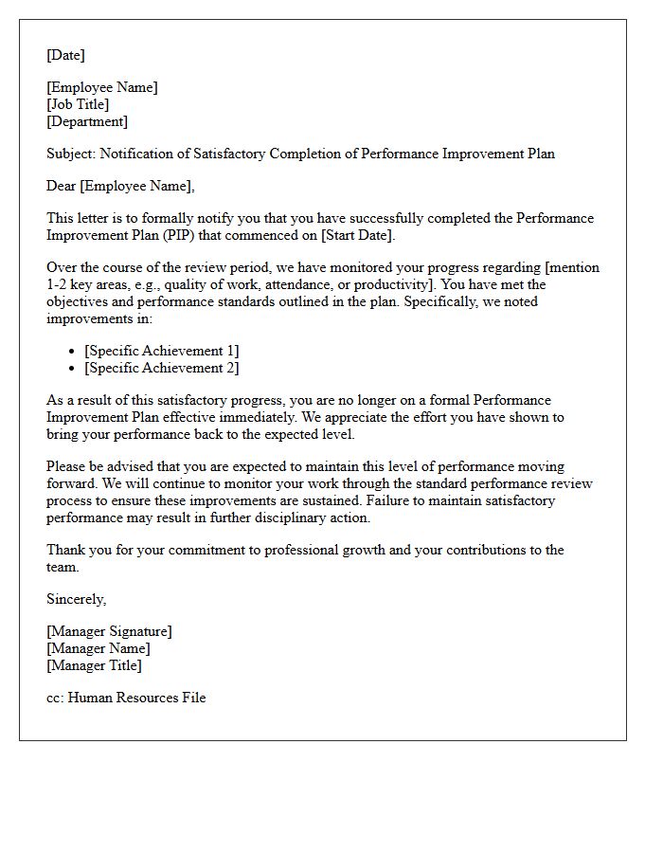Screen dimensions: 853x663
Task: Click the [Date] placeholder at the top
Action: pos(65,55)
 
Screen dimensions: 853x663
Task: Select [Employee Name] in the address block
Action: pos(102,87)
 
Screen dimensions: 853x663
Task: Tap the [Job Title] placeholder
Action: pos(78,104)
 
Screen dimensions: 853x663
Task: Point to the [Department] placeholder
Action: pos(87,121)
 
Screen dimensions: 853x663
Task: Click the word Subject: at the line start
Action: pos(71,154)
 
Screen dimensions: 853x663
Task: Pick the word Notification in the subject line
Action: pos(135,154)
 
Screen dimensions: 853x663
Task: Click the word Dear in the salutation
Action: pos(62,186)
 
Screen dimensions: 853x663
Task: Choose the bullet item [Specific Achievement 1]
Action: pos(161,351)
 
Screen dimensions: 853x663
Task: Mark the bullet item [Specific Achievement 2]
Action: pos(161,368)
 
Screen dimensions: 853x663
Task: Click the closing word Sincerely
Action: pos(76,599)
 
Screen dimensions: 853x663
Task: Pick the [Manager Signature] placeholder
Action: pos(109,631)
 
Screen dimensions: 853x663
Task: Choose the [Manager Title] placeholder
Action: pos(94,665)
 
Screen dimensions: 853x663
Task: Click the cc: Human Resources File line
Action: pos(126,698)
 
